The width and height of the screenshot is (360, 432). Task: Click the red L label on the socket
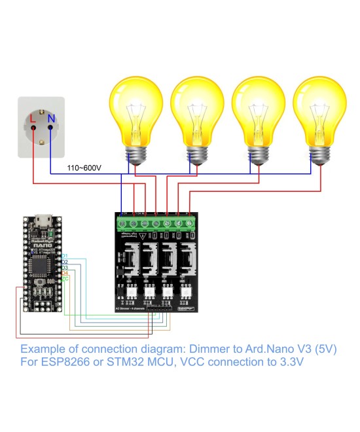coord(33,119)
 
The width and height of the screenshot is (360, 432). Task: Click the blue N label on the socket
coord(50,119)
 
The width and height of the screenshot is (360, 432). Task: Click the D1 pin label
coord(65,255)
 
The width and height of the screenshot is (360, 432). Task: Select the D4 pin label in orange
coord(65,273)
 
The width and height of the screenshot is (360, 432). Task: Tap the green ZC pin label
coord(65,279)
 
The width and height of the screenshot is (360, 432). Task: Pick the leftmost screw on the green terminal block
coord(123,224)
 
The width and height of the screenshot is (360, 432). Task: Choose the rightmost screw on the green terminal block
coord(189,224)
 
